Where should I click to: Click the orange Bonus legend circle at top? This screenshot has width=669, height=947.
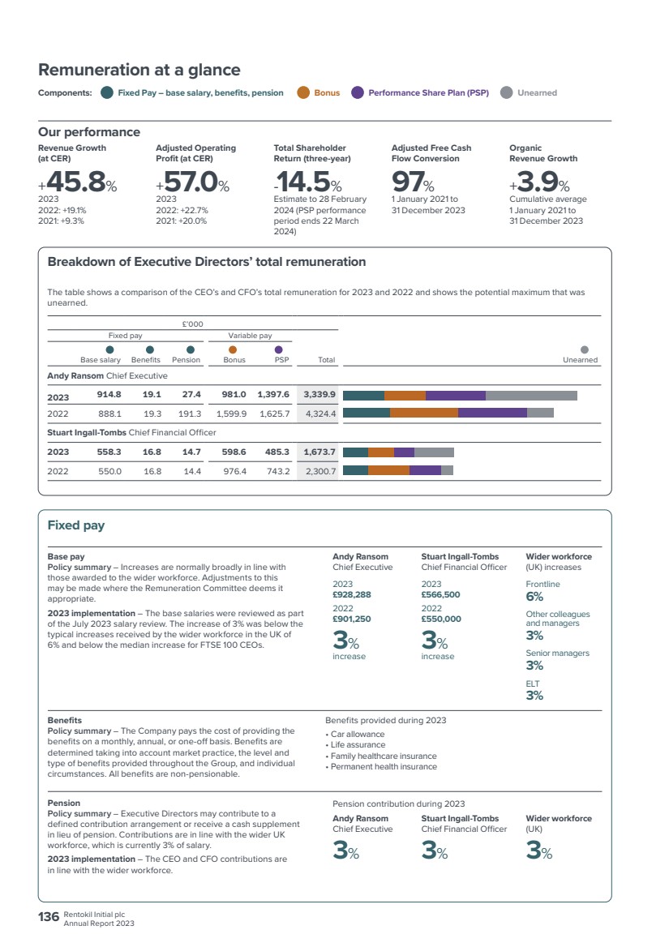[303, 92]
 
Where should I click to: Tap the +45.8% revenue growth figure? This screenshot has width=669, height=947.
[77, 181]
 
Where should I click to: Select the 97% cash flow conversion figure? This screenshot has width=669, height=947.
[413, 181]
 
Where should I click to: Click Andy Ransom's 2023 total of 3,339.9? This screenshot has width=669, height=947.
[319, 394]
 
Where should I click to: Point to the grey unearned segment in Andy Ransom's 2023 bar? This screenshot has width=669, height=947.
[531, 396]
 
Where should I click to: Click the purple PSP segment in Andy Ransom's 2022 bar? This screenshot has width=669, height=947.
[493, 414]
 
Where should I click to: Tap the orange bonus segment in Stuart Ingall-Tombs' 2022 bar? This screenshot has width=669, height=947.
[389, 470]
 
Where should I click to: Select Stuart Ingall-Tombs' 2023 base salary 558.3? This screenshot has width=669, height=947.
[109, 452]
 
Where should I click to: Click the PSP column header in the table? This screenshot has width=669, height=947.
[282, 359]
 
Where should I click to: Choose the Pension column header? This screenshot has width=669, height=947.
[186, 359]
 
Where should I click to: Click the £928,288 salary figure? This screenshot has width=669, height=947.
[352, 594]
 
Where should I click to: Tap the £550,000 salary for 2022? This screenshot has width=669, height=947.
[441, 619]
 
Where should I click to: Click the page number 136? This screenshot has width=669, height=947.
[49, 917]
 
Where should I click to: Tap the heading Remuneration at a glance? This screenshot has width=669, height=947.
[139, 70]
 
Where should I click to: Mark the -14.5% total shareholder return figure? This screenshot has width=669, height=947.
[308, 181]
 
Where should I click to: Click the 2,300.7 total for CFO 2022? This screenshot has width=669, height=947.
[320, 471]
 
